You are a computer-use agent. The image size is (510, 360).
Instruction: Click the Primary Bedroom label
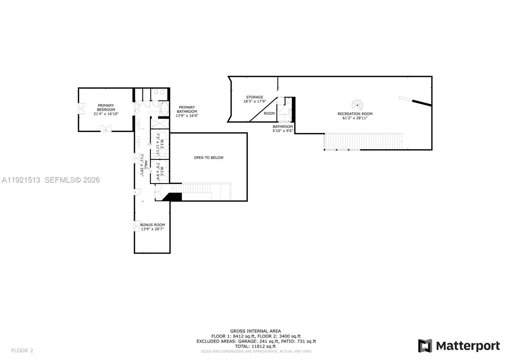point(106,107)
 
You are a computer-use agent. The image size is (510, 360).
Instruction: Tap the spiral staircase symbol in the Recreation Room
point(357,104)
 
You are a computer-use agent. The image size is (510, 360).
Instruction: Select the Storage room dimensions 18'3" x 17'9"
point(254,102)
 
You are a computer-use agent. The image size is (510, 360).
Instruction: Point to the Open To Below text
point(208,158)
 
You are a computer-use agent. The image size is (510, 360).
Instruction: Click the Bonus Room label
point(152,225)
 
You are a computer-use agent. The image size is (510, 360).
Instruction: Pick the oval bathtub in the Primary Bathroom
point(164,109)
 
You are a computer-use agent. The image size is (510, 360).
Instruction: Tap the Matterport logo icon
point(425,346)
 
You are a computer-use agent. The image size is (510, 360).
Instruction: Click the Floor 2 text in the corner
point(22,350)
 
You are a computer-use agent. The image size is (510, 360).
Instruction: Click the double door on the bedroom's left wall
point(81,109)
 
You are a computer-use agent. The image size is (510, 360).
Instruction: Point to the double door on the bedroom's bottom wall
point(106,128)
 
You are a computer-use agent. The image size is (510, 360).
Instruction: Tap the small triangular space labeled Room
point(269,114)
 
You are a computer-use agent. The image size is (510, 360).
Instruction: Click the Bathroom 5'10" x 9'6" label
point(282,128)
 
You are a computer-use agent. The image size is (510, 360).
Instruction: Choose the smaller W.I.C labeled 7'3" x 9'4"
point(160,171)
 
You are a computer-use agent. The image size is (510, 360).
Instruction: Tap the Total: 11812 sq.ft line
point(255,346)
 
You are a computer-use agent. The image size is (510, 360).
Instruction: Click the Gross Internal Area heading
point(255,331)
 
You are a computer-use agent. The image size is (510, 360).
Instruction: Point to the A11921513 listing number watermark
point(21,180)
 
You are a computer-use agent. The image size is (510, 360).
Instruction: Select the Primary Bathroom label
point(187,110)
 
